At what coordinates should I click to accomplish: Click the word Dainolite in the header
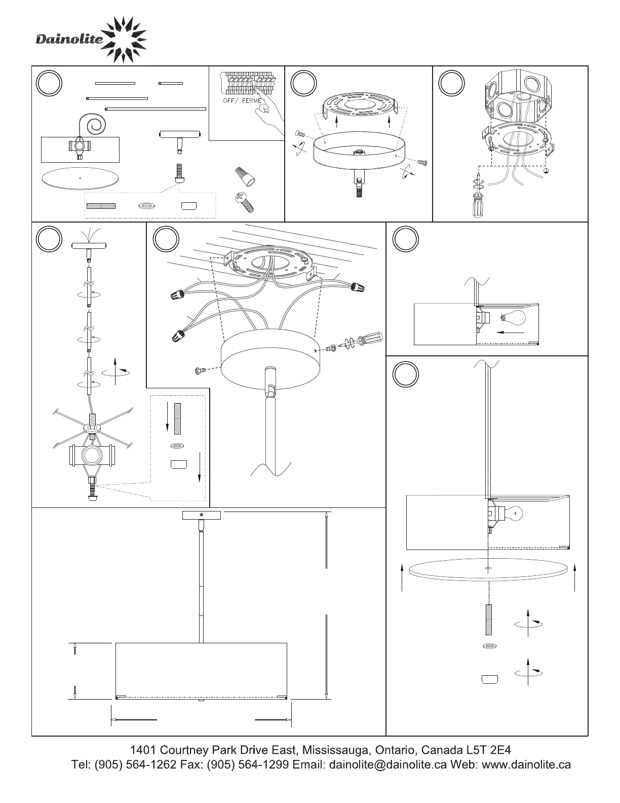(69, 40)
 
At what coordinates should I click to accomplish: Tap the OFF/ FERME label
(242, 101)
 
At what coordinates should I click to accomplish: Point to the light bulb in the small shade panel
(513, 318)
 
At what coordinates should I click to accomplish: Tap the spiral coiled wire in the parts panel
(96, 124)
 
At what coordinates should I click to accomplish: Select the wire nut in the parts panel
(244, 176)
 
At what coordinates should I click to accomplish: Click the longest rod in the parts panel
(156, 108)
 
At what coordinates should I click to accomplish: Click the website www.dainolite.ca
(526, 764)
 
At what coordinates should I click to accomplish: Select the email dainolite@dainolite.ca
(388, 764)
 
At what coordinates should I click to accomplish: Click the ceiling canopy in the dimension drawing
(202, 516)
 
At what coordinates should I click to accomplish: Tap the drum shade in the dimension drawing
(202, 670)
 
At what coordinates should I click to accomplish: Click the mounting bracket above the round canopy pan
(359, 105)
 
